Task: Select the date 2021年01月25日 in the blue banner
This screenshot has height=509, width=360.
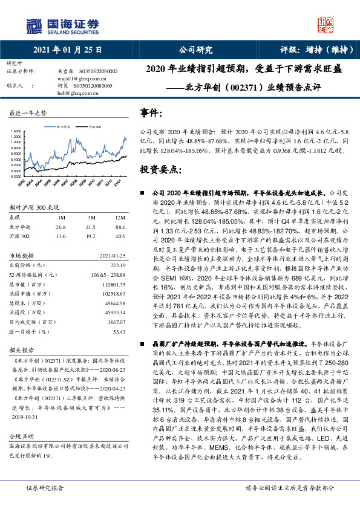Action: coord(67,51)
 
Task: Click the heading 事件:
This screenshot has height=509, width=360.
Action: coord(151,113)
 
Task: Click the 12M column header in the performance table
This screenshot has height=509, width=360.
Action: coord(120,217)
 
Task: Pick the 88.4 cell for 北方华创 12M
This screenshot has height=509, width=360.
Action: coord(120,227)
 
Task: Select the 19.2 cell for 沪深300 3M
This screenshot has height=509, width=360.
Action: coord(91,237)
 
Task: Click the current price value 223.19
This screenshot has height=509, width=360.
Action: coord(117,265)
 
